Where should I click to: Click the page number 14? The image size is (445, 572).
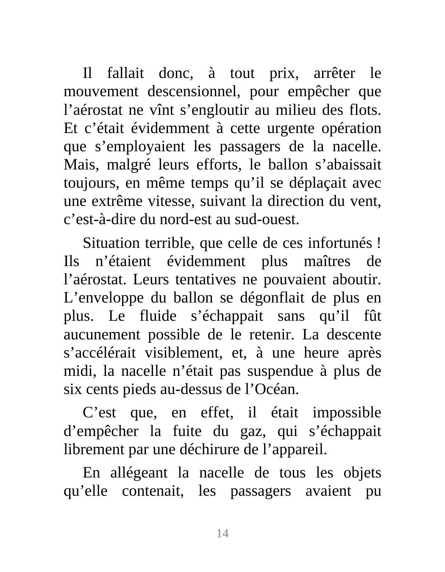click(222, 533)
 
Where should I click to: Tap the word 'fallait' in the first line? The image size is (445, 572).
click(125, 73)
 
